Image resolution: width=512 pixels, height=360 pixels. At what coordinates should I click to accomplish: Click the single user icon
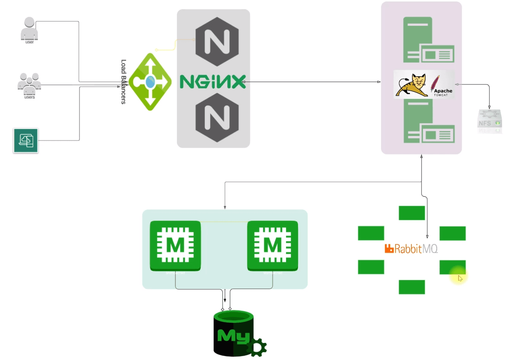29,29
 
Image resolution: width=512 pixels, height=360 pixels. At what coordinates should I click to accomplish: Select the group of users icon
29,84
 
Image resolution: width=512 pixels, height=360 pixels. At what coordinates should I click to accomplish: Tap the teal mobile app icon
26,140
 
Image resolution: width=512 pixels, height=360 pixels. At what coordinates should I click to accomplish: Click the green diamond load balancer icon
150,82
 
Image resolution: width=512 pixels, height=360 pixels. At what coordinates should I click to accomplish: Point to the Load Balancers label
123,82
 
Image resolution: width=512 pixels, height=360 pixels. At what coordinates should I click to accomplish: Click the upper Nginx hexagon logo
217,42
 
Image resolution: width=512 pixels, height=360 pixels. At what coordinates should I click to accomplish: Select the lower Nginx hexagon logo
217,118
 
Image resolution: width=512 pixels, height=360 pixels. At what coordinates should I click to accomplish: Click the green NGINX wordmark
213,82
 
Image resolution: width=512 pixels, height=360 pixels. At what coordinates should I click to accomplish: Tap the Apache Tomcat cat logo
411,85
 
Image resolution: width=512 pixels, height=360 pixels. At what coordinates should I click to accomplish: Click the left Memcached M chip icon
175,245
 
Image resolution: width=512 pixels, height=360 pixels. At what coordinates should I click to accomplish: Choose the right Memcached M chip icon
272,245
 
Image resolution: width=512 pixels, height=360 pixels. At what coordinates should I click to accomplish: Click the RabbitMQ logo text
411,249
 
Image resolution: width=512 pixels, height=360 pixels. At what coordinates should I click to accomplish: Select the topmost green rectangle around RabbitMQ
412,213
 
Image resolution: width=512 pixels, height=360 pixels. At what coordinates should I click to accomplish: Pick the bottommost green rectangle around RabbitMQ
412,287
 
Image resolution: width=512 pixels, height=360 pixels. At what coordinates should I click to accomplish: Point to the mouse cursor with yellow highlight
459,278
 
